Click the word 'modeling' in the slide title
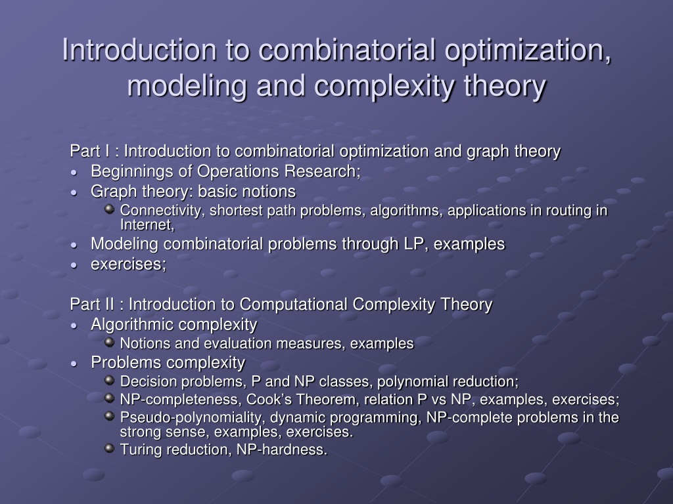coord(187,86)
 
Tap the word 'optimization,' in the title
coord(528,51)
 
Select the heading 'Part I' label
coord(89,152)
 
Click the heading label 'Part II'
coord(92,304)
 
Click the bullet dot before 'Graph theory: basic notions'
coord(74,193)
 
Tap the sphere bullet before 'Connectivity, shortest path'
coord(110,209)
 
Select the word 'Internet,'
coord(147,224)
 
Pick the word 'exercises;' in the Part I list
coord(128,264)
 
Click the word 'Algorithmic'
coord(131,325)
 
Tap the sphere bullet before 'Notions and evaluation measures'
coord(110,342)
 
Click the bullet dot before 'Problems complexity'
coord(74,364)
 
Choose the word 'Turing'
coord(141,450)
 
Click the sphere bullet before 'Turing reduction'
coord(110,448)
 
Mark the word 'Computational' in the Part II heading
coord(293,304)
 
